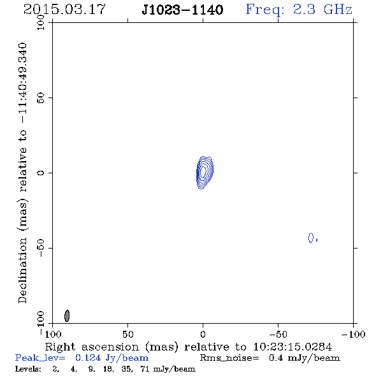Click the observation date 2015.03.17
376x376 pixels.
pyautogui.click(x=64, y=10)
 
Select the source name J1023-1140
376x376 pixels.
pyautogui.click(x=182, y=10)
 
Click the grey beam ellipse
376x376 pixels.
pyautogui.click(x=67, y=315)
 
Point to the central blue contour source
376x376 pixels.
pyautogui.click(x=205, y=173)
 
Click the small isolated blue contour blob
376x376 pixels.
pyautogui.click(x=311, y=238)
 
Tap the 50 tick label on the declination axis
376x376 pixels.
pyautogui.click(x=41, y=98)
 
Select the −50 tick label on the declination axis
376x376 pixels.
pyautogui.click(x=41, y=248)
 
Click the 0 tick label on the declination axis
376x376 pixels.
pyautogui.click(x=41, y=173)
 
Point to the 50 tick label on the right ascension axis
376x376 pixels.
pyautogui.click(x=127, y=334)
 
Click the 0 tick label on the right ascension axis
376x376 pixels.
pyautogui.click(x=203, y=334)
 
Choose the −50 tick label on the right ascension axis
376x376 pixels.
pyautogui.click(x=278, y=334)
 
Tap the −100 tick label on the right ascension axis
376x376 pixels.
pyautogui.click(x=353, y=334)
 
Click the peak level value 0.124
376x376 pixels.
pyautogui.click(x=88, y=358)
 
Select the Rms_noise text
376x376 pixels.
pyautogui.click(x=229, y=358)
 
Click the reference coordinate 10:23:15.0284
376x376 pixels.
pyautogui.click(x=293, y=347)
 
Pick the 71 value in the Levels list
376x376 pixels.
pyautogui.click(x=145, y=368)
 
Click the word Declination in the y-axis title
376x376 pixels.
pyautogui.click(x=22, y=270)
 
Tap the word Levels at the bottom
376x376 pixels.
pyautogui.click(x=28, y=368)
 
